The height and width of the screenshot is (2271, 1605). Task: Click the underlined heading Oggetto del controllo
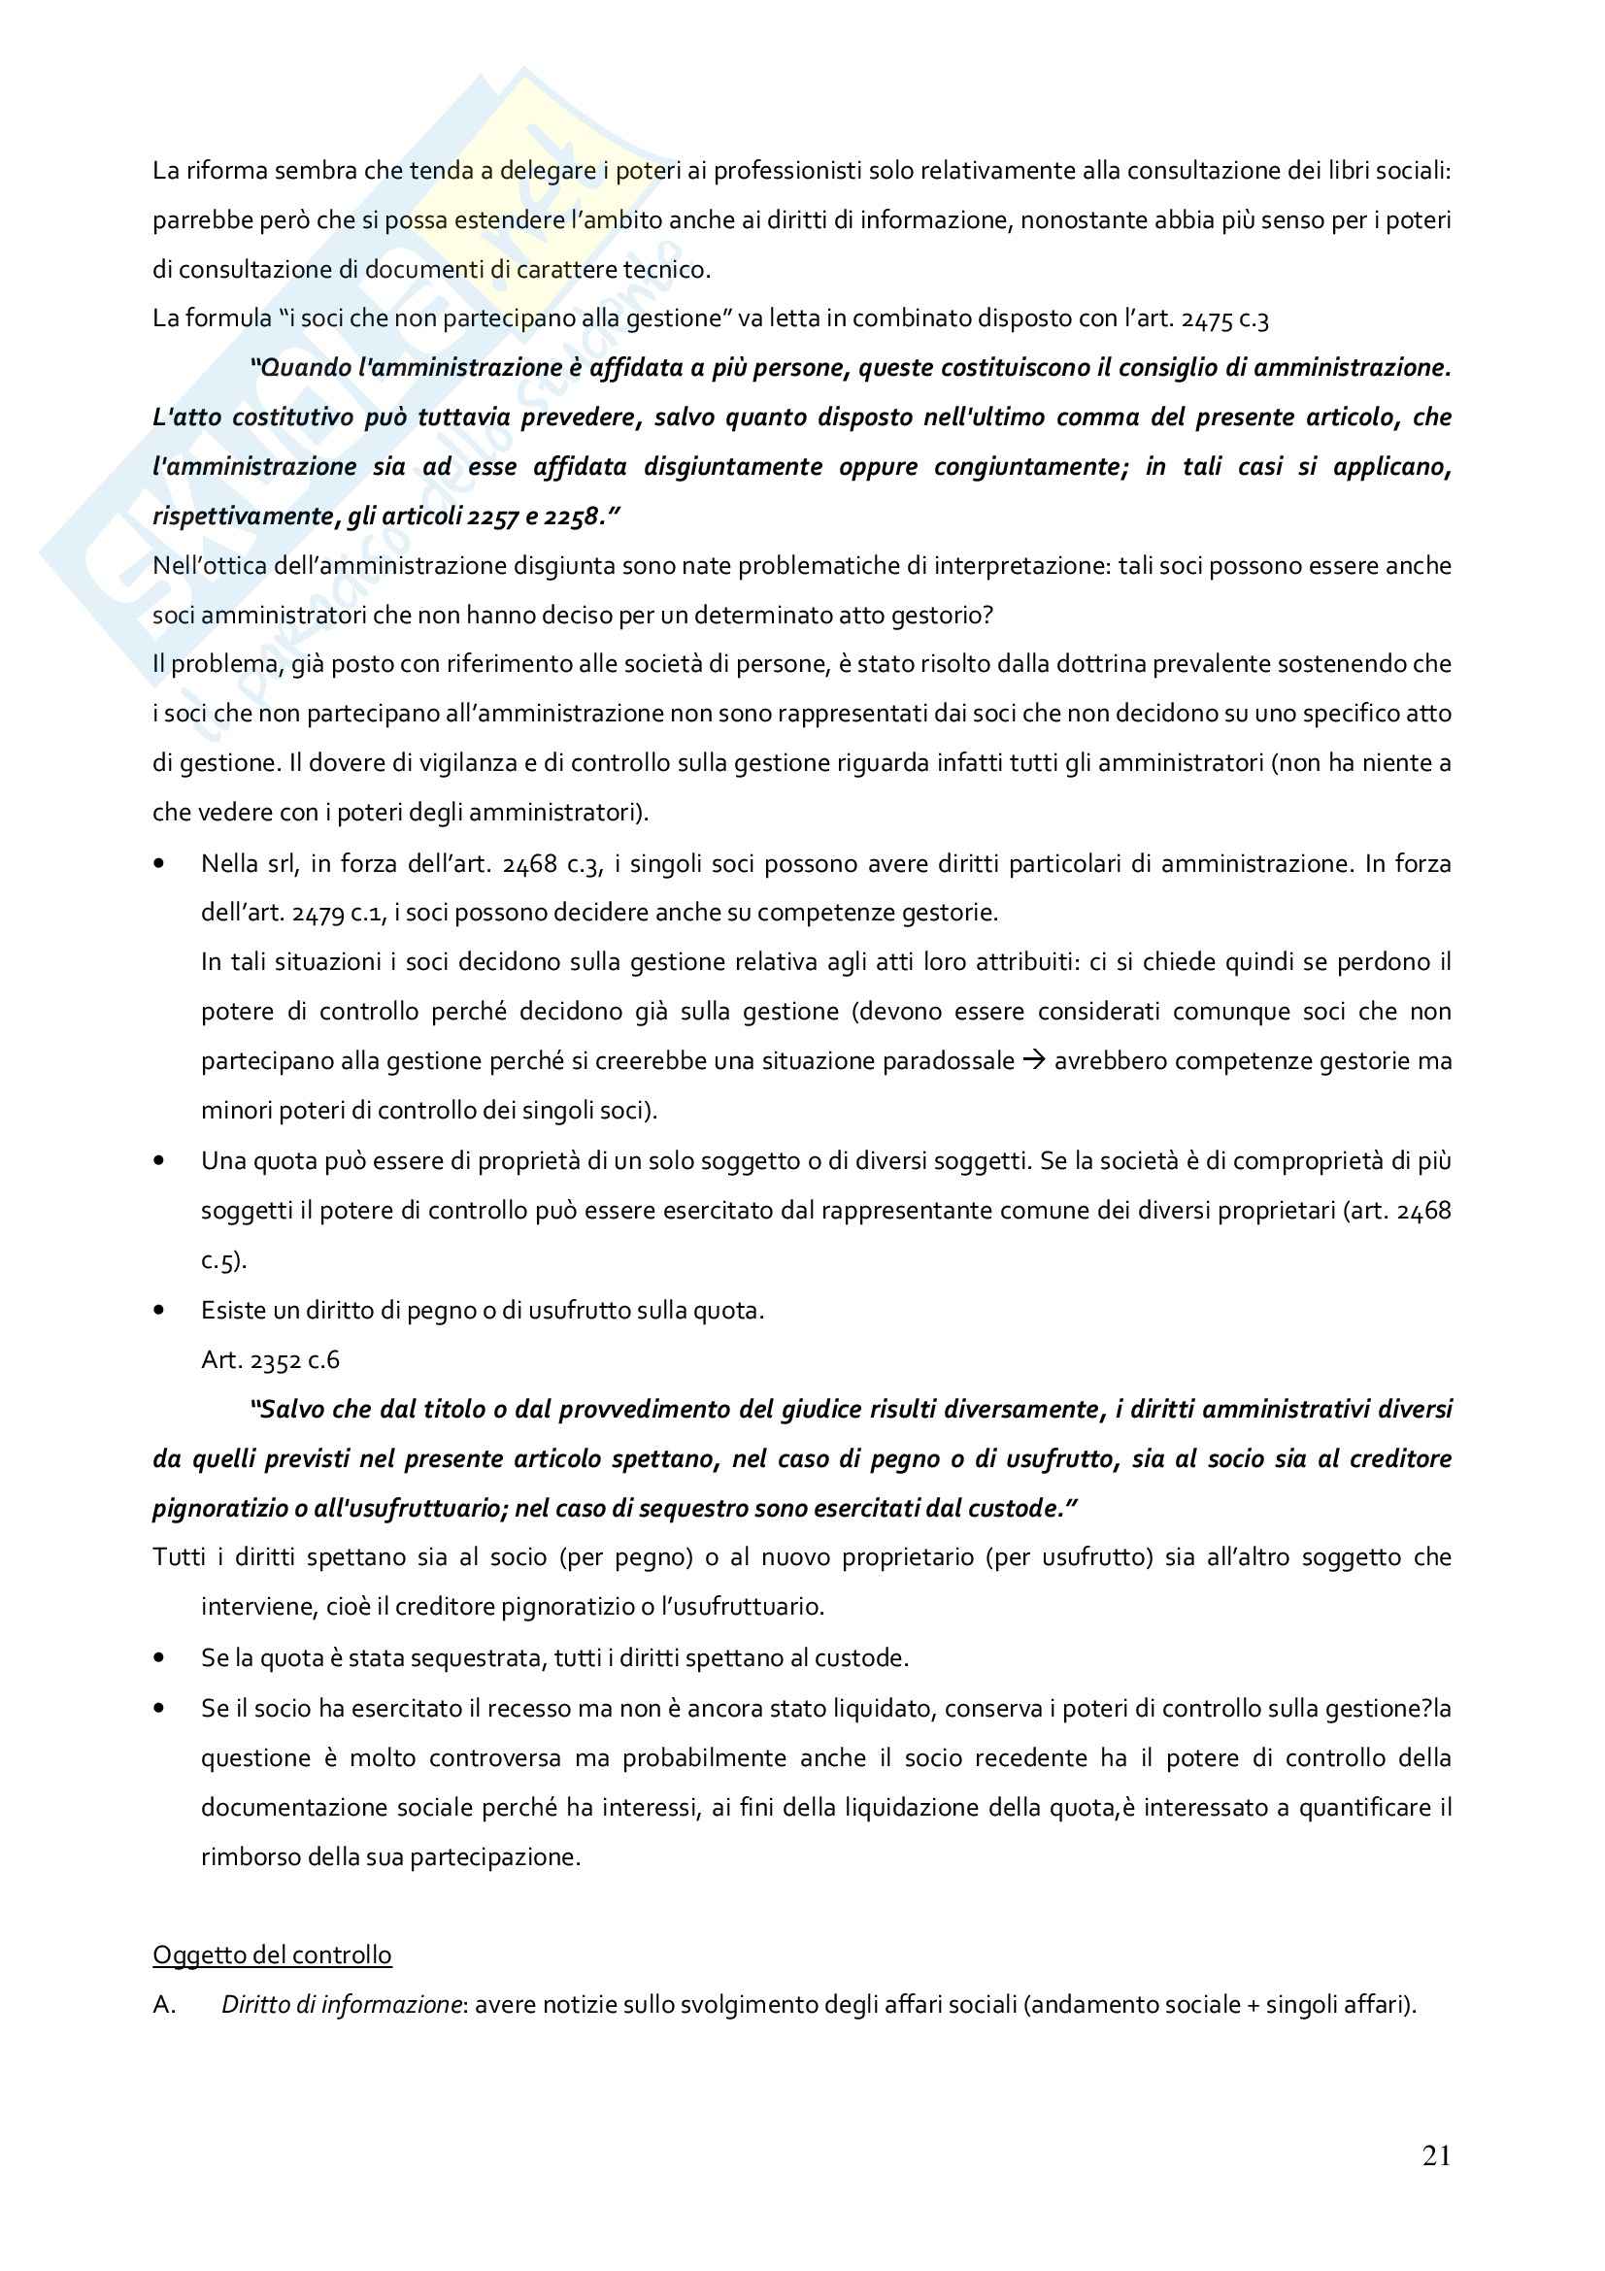click(x=272, y=1954)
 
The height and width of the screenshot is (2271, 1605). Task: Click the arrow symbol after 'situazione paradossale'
click(x=1033, y=1060)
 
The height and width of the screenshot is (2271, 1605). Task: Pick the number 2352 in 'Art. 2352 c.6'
click(x=275, y=1360)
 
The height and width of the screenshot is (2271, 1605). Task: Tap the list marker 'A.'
click(x=164, y=2004)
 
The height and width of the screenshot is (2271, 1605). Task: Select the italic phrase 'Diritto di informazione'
click(x=341, y=2004)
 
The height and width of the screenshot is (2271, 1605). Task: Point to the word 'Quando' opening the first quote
click(x=301, y=368)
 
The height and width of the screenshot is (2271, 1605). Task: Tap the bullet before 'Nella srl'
click(x=159, y=864)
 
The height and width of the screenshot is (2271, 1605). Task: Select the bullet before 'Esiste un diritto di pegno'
click(x=159, y=1311)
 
